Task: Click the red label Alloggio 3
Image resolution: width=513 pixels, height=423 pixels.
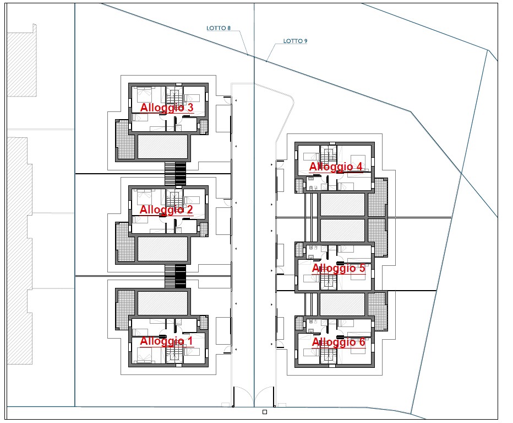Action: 167,108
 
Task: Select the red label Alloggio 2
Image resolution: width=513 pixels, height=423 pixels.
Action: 166,210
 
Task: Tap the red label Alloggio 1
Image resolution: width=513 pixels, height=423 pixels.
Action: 166,341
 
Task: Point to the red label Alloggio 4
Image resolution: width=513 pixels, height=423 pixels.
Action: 336,167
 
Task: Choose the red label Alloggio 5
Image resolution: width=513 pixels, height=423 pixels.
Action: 339,268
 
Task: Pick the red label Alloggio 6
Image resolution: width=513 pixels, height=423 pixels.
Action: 339,342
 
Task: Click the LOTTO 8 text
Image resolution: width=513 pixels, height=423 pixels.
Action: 219,28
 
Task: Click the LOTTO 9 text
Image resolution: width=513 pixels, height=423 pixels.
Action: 295,41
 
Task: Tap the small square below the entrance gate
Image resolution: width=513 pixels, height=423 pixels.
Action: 265,412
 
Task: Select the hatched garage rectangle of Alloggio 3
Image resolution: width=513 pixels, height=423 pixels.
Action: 162,147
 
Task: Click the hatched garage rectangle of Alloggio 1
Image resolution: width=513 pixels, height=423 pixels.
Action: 162,303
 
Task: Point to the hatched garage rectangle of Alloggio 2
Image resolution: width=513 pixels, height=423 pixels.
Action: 162,249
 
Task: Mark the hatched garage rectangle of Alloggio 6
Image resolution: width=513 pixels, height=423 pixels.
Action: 342,304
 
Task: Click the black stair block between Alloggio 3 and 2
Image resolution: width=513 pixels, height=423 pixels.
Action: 181,174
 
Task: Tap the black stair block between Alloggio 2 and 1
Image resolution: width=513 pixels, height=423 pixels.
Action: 181,277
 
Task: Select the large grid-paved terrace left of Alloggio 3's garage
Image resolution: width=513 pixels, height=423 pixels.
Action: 125,140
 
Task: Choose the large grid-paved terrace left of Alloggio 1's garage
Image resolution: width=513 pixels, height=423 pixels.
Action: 125,309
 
